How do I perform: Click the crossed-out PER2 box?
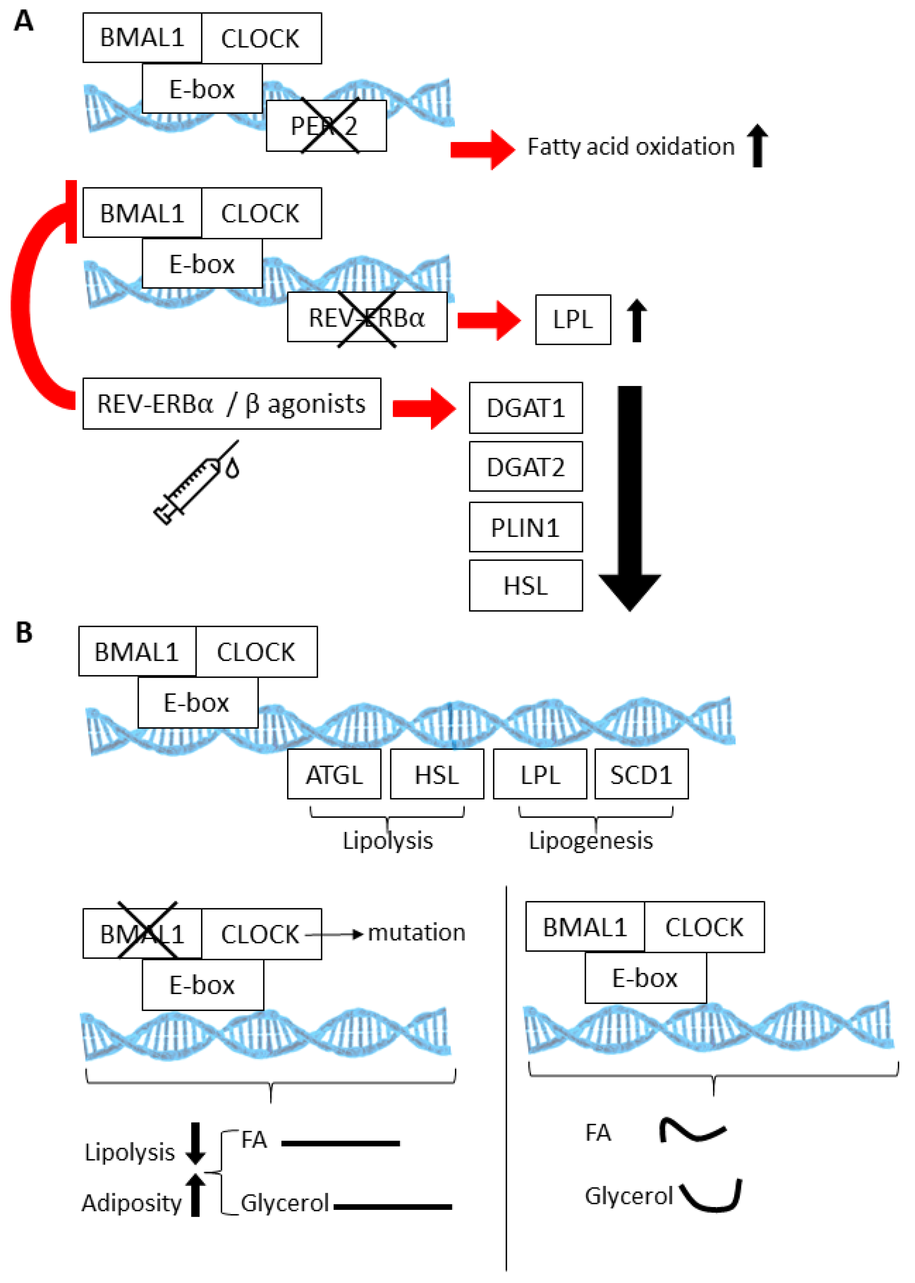326,126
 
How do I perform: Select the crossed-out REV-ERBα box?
367,317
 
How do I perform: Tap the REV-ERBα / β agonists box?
231,404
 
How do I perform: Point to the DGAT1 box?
526,408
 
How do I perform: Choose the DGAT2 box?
526,467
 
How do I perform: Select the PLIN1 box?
526,527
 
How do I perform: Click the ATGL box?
334,774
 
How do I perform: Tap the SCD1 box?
641,774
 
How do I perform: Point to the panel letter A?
24,21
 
